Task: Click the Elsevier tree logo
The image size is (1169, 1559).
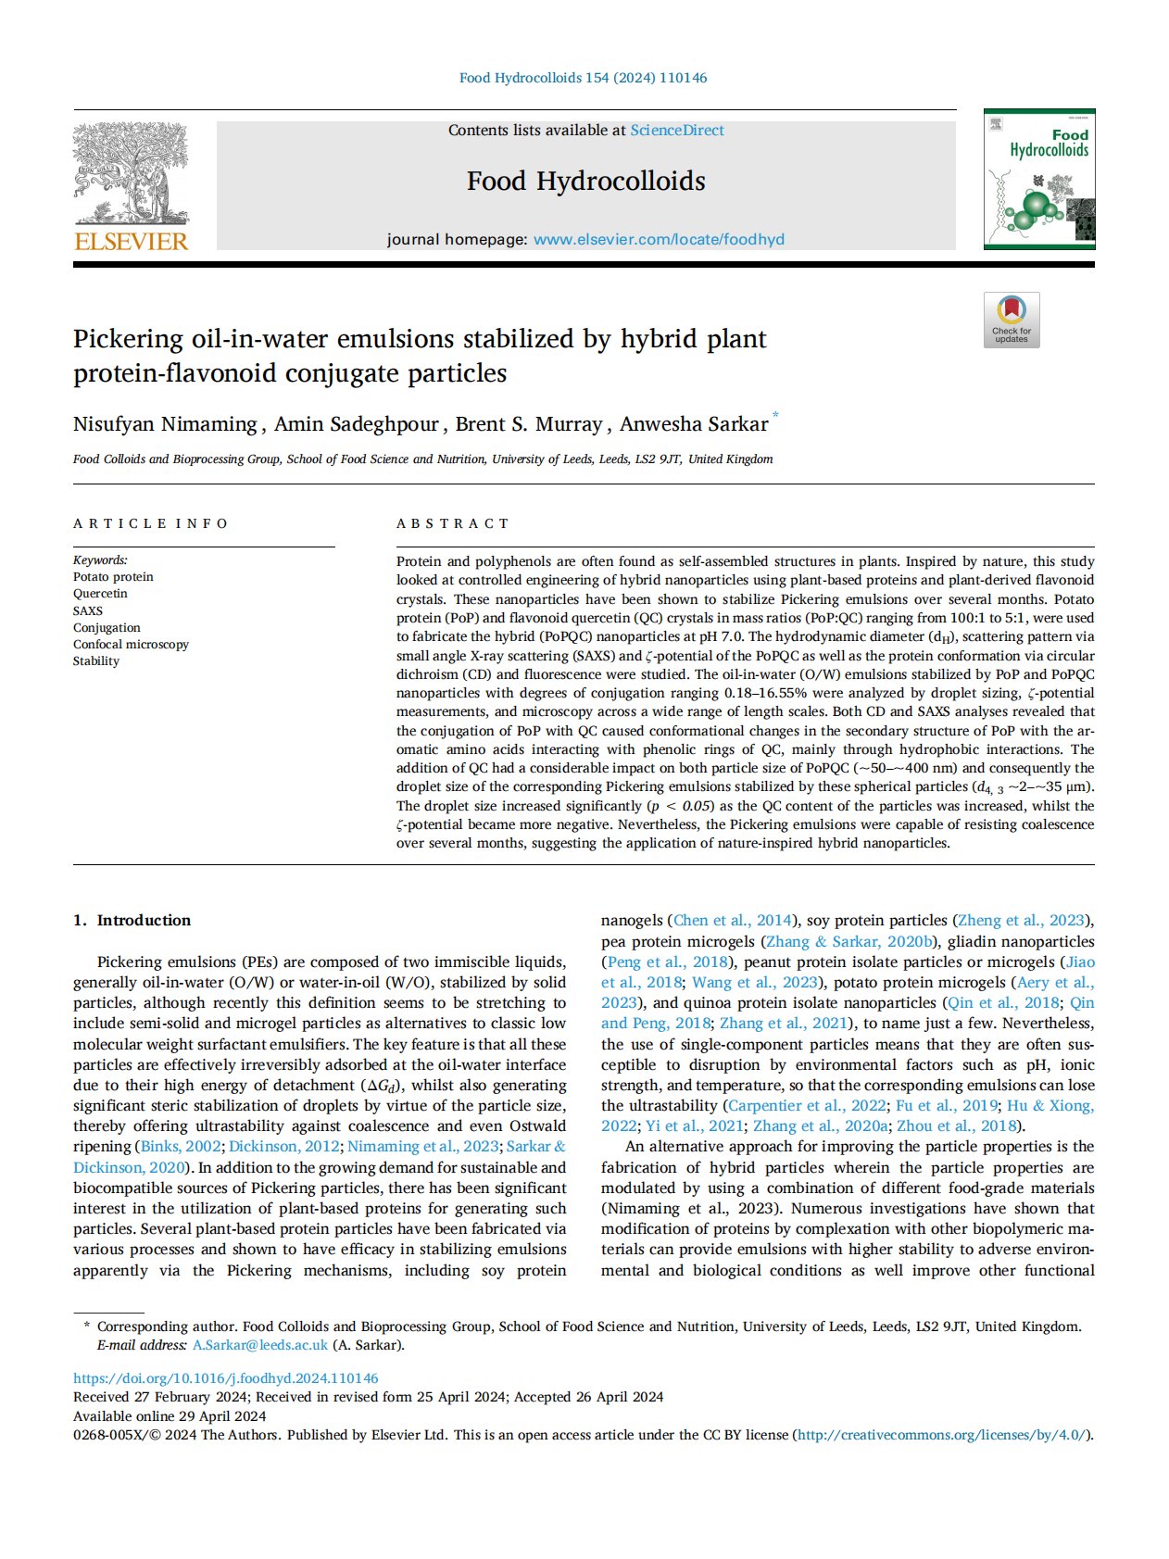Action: click(x=131, y=173)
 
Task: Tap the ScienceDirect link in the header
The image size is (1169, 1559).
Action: click(x=677, y=131)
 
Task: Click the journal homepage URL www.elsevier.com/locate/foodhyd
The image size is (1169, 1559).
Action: click(x=659, y=239)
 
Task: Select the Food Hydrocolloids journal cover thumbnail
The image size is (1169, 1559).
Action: click(x=1039, y=179)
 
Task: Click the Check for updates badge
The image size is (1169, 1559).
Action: click(x=1012, y=320)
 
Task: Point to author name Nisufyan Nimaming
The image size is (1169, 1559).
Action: click(x=165, y=424)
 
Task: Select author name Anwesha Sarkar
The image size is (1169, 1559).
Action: click(x=694, y=424)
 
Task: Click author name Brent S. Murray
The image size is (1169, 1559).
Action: click(x=529, y=424)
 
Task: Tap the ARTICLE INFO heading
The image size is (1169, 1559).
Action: click(x=150, y=523)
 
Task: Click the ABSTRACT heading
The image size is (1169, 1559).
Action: click(x=452, y=523)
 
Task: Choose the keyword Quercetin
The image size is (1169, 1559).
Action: click(x=100, y=594)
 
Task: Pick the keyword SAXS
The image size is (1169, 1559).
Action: click(x=88, y=610)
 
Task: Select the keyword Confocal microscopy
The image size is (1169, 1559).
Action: click(x=131, y=644)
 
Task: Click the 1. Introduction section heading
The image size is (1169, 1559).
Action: click(x=132, y=920)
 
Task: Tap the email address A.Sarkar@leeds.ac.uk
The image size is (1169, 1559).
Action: click(x=260, y=1345)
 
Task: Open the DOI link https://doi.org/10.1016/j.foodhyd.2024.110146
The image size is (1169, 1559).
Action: click(x=226, y=1378)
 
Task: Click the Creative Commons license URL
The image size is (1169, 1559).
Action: click(x=941, y=1435)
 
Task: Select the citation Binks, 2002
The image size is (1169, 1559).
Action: click(x=181, y=1147)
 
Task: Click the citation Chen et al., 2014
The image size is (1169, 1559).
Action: click(x=733, y=920)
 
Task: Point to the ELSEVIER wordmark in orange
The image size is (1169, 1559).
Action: click(x=131, y=242)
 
